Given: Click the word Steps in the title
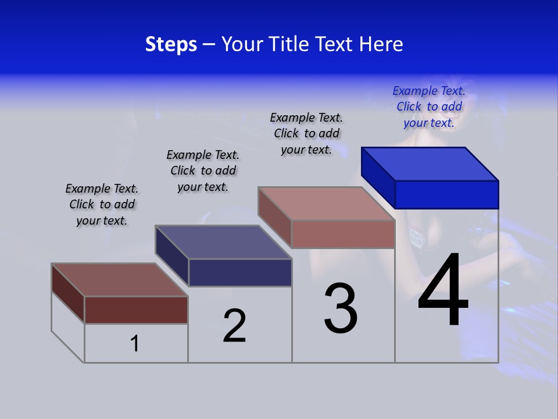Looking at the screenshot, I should [x=171, y=44].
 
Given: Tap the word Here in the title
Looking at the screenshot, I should [x=381, y=44].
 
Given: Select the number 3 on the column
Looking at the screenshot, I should [x=341, y=308].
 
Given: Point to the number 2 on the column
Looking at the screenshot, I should [x=235, y=326].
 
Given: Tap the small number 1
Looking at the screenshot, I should [x=135, y=343].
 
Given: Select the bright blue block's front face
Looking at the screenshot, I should [x=446, y=194].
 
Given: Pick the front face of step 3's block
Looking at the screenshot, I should [x=343, y=234].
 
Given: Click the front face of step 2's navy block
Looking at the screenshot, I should [x=240, y=272].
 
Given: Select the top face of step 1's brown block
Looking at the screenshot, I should [x=120, y=280].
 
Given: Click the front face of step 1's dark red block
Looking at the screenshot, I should [x=136, y=310].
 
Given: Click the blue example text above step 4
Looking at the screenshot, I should [x=429, y=106].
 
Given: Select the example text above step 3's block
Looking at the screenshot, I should [x=306, y=133].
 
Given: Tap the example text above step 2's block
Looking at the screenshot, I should [x=203, y=171].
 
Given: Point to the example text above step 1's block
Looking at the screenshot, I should [x=102, y=204].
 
